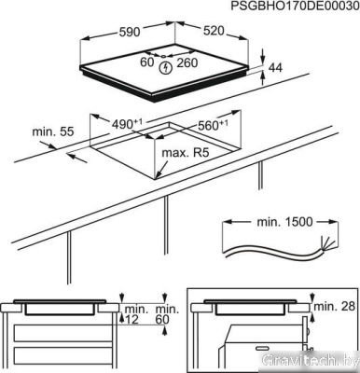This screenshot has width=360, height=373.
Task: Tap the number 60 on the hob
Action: (x=146, y=64)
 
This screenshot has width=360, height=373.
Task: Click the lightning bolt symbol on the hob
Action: (x=166, y=66)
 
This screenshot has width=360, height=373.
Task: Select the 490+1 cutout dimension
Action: (x=131, y=122)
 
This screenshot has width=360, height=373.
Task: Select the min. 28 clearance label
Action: (x=336, y=307)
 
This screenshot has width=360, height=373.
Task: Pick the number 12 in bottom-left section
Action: (x=132, y=321)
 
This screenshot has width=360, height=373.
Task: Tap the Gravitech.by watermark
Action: (x=312, y=359)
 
